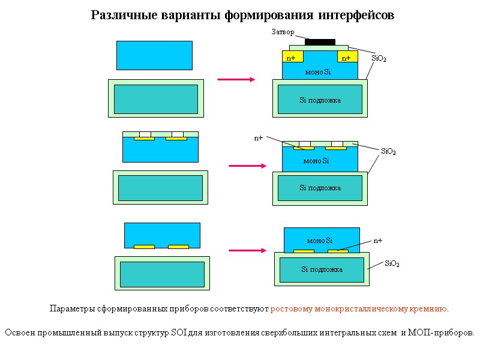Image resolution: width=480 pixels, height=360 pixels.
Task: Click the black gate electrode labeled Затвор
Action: (x=320, y=42)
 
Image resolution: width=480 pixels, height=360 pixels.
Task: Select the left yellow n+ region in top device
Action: (x=293, y=58)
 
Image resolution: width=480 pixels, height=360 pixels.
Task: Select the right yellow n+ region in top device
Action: (x=347, y=58)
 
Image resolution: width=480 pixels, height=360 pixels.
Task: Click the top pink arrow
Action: (x=236, y=79)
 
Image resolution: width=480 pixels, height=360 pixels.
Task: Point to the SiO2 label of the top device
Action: (x=379, y=58)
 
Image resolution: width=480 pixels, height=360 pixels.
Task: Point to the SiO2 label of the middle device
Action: (x=388, y=152)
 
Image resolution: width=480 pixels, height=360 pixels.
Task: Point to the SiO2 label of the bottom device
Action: (x=392, y=263)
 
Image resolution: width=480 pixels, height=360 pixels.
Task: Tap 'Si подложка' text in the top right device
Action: (x=320, y=100)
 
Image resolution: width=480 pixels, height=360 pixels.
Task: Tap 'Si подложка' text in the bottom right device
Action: (x=322, y=269)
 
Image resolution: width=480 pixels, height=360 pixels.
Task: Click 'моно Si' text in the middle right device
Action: (x=316, y=161)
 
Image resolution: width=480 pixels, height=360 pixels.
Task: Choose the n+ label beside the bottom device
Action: (x=378, y=241)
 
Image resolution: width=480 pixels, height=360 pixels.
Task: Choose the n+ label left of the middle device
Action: (x=259, y=138)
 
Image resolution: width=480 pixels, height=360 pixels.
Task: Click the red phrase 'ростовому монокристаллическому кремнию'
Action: (x=359, y=309)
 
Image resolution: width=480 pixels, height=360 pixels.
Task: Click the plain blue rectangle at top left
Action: (x=154, y=55)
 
